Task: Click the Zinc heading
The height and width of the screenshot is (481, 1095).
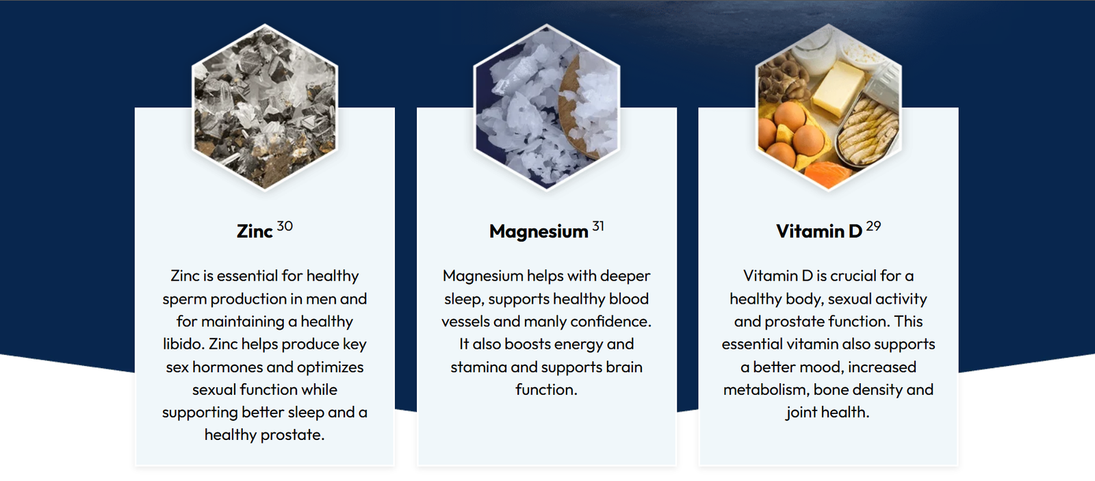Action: coord(255,231)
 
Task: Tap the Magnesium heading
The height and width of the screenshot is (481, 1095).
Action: coord(539,232)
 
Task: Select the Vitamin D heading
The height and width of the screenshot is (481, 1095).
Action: coord(819,231)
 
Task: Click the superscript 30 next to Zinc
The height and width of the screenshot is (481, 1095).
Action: coord(285,226)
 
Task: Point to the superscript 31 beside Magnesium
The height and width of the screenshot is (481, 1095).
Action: coord(598,226)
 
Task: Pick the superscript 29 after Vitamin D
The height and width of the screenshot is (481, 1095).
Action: coord(873,226)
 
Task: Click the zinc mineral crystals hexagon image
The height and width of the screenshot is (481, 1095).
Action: coord(265,107)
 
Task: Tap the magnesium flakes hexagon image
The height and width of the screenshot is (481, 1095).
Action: coord(547,107)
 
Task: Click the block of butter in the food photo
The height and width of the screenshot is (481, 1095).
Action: coord(838,88)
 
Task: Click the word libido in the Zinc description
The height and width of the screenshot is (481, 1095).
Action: coord(184,343)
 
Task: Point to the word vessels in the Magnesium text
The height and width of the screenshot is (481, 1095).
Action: coord(465,321)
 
